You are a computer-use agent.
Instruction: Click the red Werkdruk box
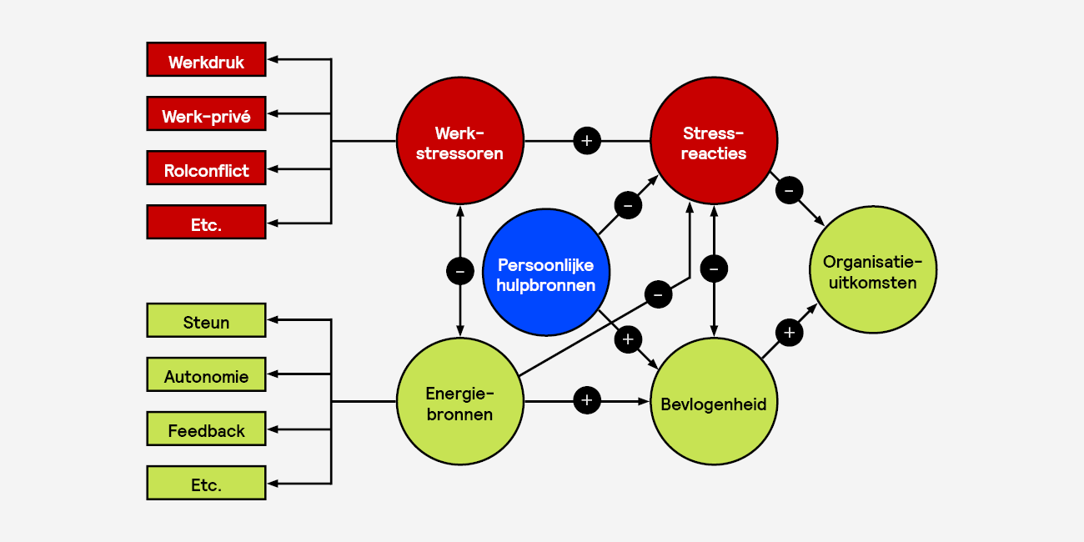click(206, 60)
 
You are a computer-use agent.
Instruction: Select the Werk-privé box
click(206, 114)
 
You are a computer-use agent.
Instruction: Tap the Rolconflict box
click(206, 168)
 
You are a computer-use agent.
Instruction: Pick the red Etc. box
click(206, 223)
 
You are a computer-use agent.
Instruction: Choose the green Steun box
click(206, 320)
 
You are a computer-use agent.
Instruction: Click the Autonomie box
click(206, 374)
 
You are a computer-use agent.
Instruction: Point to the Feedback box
click(206, 429)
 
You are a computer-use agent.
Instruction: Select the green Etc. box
click(206, 483)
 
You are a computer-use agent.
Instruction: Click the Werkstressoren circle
click(459, 142)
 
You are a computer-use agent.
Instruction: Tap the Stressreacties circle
click(714, 142)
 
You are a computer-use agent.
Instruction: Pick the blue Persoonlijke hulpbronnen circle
click(546, 273)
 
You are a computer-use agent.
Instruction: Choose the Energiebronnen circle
click(459, 402)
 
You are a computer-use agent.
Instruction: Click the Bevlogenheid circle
click(714, 402)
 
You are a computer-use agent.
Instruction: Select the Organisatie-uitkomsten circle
click(873, 270)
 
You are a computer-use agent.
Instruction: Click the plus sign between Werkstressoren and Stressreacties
click(587, 141)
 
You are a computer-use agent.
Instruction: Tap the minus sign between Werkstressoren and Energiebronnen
click(459, 270)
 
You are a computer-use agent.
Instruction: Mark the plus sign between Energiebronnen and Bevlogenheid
click(587, 401)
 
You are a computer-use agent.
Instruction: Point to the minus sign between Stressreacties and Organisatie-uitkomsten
click(789, 191)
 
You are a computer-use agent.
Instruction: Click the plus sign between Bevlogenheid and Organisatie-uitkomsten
click(789, 333)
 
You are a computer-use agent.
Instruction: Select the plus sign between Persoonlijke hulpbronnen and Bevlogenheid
click(628, 339)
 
